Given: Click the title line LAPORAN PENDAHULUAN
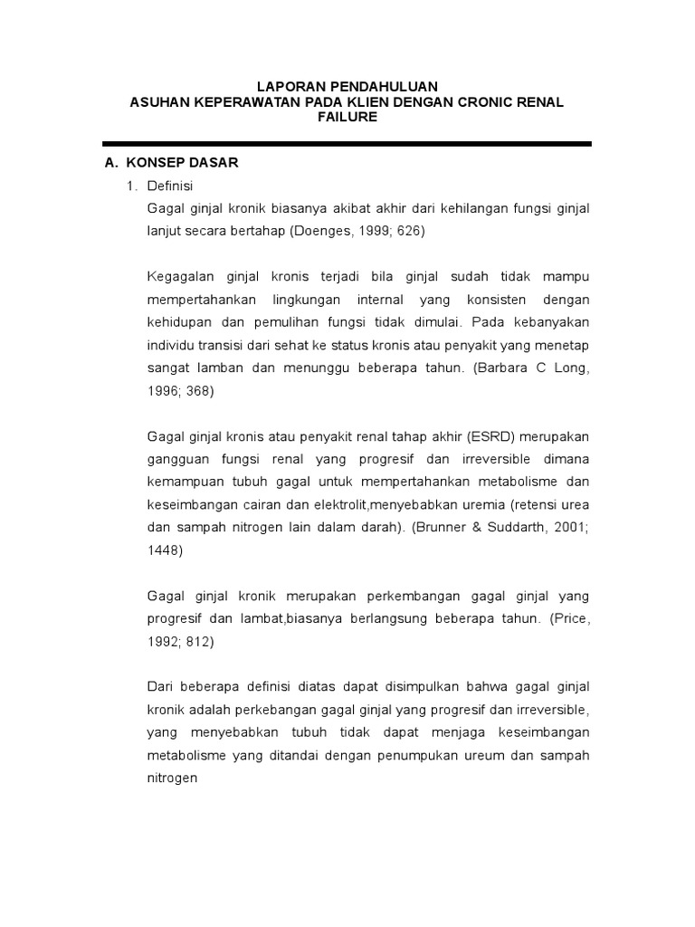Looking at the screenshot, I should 347,85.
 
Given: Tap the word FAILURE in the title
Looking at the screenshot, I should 347,118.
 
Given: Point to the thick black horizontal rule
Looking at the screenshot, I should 347,144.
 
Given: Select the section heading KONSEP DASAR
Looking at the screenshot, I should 183,164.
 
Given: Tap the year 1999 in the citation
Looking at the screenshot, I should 375,231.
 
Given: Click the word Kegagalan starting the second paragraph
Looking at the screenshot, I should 179,275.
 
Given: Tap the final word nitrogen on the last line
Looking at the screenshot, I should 173,776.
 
